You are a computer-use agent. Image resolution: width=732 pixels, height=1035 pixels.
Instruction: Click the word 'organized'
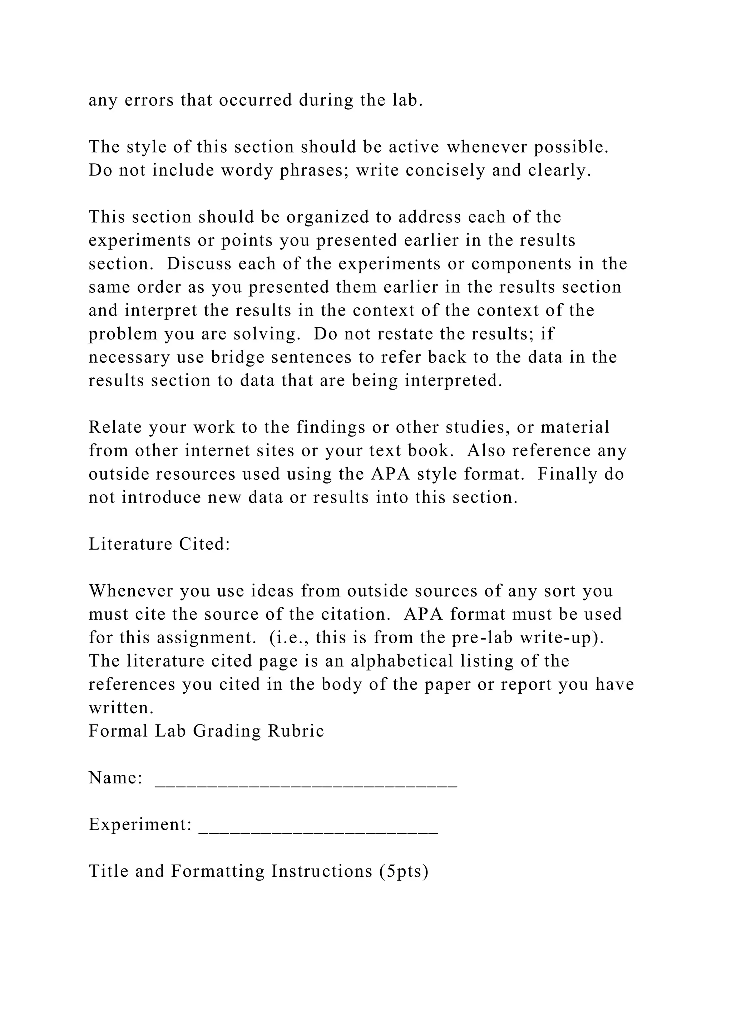coord(328,217)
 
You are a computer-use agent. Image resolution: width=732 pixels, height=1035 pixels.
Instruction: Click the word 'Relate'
coord(115,427)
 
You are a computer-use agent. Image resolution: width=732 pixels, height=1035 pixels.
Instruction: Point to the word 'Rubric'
coord(296,731)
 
